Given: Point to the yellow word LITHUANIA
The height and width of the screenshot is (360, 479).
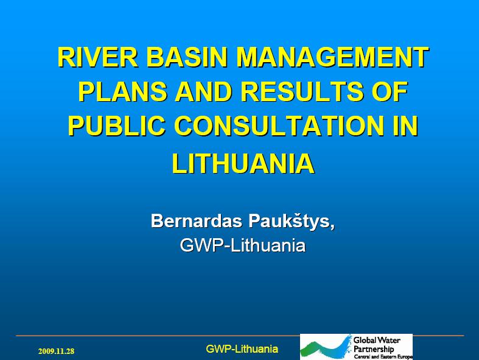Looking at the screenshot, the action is (243, 164).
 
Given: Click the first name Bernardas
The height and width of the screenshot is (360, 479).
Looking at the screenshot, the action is (197, 221).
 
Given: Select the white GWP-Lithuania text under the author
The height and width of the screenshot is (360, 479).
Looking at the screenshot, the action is (243, 245).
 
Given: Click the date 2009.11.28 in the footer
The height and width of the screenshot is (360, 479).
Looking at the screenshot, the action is (56, 351).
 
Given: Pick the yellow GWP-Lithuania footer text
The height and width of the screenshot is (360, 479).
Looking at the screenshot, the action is (242, 349).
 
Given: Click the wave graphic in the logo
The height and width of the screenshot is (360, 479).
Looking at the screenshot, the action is (326, 347).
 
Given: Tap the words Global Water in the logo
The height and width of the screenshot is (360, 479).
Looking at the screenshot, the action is (377, 340).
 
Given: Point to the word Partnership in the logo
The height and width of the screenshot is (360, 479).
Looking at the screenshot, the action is (374, 349).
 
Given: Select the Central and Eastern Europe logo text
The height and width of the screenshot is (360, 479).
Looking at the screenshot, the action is (383, 357).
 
